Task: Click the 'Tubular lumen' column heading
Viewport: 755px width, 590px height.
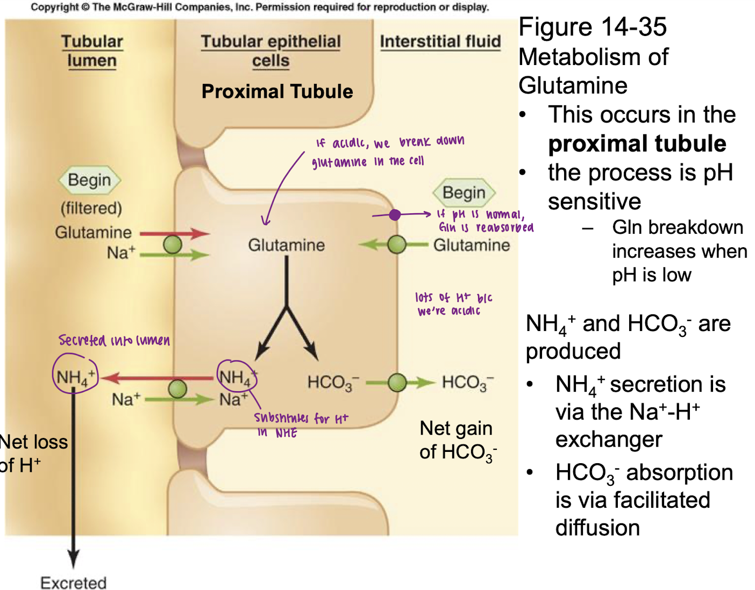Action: pos(92,51)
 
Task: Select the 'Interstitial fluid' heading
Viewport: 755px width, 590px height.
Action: pos(440,41)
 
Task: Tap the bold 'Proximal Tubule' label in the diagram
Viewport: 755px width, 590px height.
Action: pos(277,91)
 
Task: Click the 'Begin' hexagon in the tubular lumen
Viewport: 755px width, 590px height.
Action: pos(89,180)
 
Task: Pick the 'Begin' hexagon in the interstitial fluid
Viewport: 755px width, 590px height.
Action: pos(464,192)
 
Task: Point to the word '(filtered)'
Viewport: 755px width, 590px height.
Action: pos(91,208)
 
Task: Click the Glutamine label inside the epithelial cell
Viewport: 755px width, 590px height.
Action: pos(286,245)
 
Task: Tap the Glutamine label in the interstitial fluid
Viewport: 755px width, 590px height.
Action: pos(472,245)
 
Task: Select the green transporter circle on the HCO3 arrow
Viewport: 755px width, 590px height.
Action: pos(397,383)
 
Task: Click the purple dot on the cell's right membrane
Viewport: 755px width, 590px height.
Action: pos(395,215)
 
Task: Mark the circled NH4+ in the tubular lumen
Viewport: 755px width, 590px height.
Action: pos(75,378)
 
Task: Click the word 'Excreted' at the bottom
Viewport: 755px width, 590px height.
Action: pos(74,582)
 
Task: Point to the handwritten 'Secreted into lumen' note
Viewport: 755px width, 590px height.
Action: pos(114,340)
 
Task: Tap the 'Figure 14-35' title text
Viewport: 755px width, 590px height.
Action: pos(593,27)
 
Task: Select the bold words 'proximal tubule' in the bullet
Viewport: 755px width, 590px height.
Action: pos(637,143)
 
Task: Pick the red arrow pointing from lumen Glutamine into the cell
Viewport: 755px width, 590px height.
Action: pos(175,233)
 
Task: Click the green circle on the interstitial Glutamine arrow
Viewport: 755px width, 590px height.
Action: pos(397,244)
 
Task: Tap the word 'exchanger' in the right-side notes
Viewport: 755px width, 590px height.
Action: pos(609,440)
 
